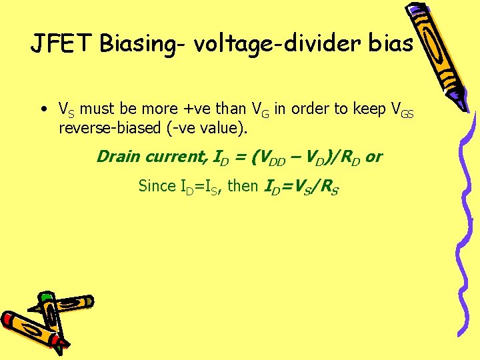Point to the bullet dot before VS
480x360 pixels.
[x=42, y=109]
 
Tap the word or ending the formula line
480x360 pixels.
[x=374, y=157]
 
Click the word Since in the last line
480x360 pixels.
[x=157, y=186]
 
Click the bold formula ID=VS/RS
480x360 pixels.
[x=301, y=187]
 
